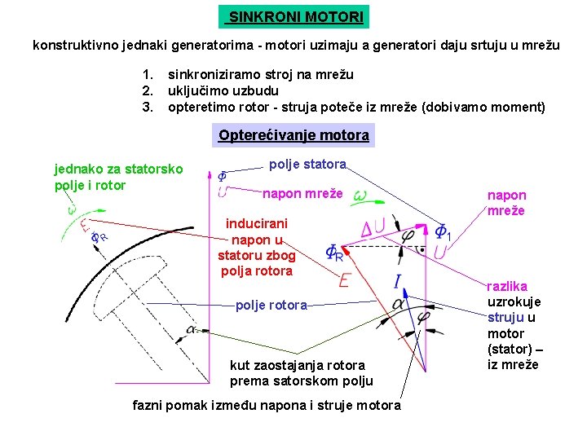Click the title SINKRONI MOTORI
(x=293, y=17)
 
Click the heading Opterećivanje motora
(x=293, y=135)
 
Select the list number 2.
(x=148, y=90)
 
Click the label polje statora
(x=307, y=165)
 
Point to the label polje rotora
(x=271, y=306)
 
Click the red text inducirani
(x=256, y=223)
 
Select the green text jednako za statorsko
(x=118, y=169)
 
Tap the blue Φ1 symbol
(x=443, y=233)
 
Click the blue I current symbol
(x=397, y=283)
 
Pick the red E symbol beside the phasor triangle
(x=344, y=279)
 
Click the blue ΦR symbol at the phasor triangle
(x=334, y=253)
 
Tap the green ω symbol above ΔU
(x=360, y=196)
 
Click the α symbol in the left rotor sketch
(x=191, y=329)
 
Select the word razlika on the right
(x=507, y=286)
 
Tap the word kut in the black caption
(x=241, y=365)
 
